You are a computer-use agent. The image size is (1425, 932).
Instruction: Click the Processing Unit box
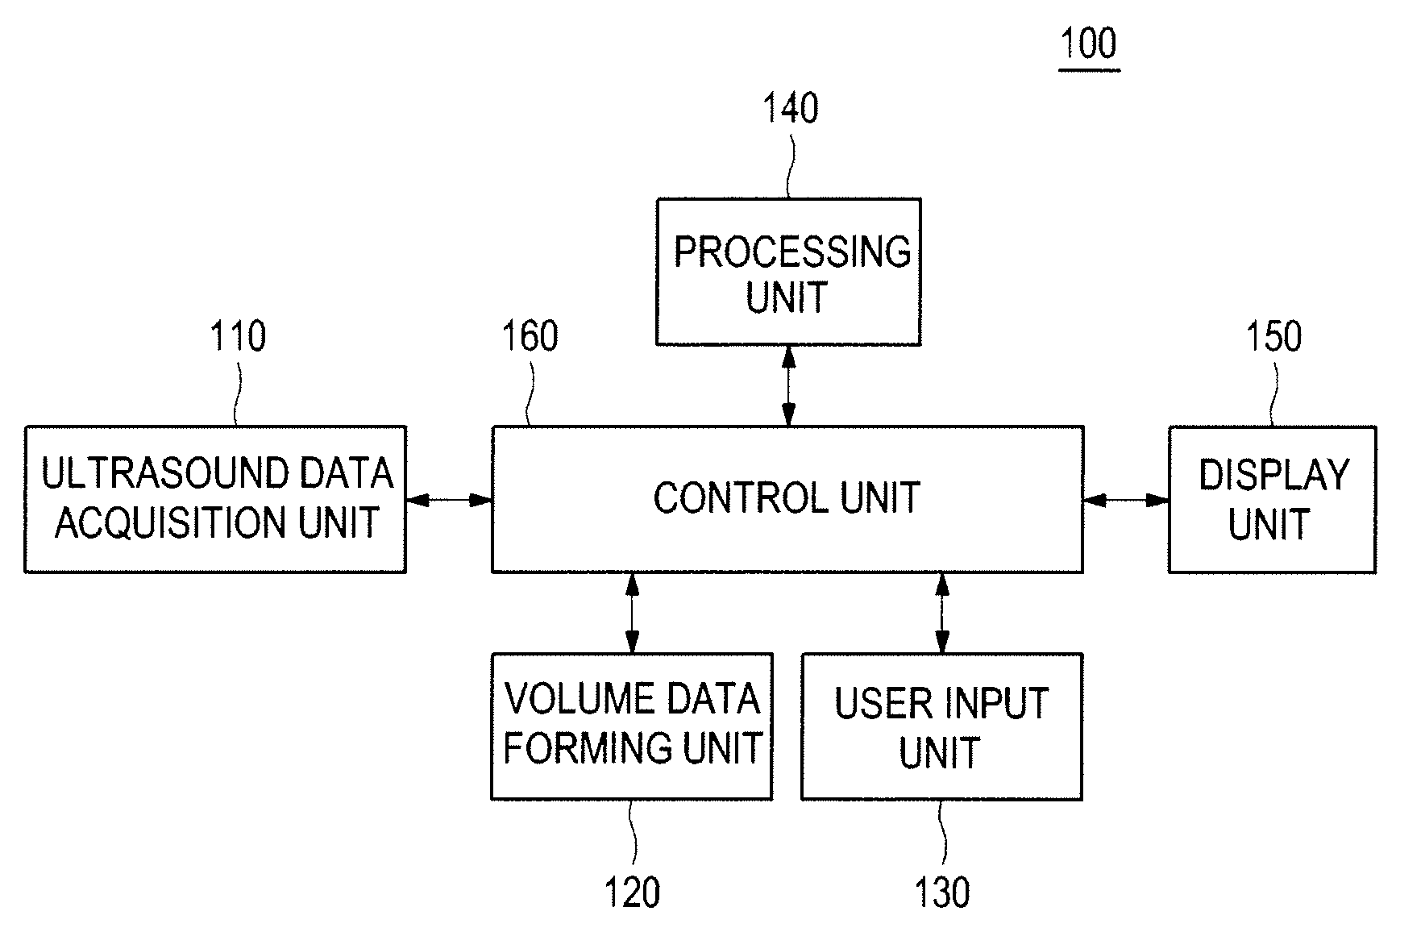coord(788,272)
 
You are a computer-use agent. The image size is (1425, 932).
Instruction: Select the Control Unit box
coord(787,499)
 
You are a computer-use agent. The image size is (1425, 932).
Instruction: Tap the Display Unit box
coord(1272,499)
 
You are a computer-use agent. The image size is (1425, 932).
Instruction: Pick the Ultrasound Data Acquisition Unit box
coord(215,499)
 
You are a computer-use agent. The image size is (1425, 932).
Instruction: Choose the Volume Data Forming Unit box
coord(632,726)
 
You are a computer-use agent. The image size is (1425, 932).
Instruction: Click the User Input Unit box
coord(941,726)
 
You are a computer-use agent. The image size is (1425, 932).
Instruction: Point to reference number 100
coord(1089,44)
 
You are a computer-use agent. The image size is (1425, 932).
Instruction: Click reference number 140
coord(791,109)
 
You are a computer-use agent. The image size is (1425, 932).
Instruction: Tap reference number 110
coord(238,336)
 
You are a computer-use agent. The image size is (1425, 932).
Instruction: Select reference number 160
coord(530,336)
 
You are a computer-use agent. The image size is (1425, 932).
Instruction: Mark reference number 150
coord(1274,336)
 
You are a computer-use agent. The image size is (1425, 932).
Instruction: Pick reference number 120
coord(632,893)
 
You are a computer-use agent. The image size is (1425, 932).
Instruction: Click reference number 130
coord(942,893)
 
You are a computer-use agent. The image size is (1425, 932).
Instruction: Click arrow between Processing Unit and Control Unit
coord(788,386)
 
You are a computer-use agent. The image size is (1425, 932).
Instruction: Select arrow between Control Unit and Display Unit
coord(1126,500)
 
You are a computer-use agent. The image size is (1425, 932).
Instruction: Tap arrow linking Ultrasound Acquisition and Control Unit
coord(449,500)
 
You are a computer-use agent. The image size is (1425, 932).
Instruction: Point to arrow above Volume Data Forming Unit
coord(632,613)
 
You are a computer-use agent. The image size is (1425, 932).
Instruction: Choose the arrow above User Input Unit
coord(941,613)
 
